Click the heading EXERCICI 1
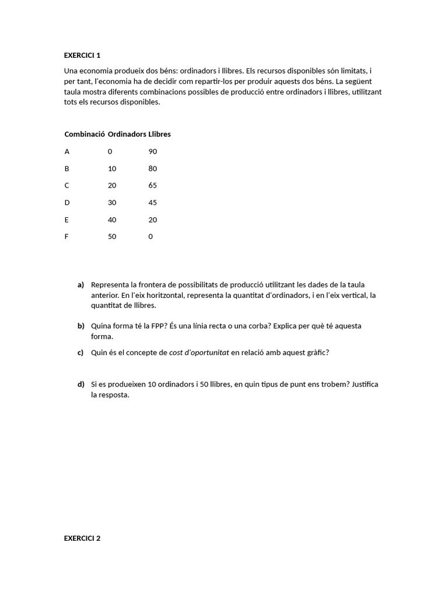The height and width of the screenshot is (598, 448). pos(82,55)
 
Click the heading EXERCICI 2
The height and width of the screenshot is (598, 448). pos(82,538)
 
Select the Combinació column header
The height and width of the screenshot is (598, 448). pos(85,134)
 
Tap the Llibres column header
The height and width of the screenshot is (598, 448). pos(159,134)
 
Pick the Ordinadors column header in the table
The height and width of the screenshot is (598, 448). pos(127,134)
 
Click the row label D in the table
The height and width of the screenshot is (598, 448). pos(67,203)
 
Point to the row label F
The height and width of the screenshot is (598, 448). pos(66,237)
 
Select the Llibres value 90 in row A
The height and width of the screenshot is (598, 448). pos(153,151)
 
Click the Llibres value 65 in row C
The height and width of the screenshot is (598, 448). pos(153,185)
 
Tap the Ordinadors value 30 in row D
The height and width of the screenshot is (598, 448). pos(112,203)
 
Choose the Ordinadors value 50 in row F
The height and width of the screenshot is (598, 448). pos(112,237)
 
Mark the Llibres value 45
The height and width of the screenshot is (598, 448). pos(153,203)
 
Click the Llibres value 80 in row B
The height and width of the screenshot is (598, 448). pos(153,168)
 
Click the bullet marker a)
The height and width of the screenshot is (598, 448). pos(80,284)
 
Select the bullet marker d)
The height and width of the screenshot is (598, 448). pos(80,384)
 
